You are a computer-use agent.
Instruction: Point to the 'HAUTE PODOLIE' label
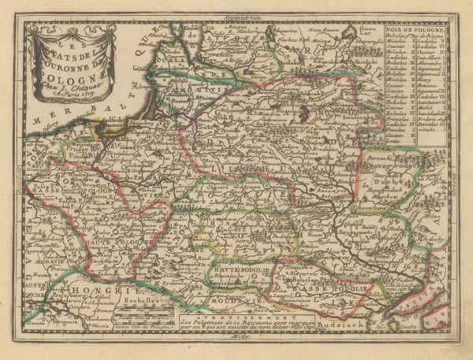pyautogui.click(x=240, y=272)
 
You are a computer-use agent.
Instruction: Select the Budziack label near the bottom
pyautogui.click(x=363, y=323)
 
